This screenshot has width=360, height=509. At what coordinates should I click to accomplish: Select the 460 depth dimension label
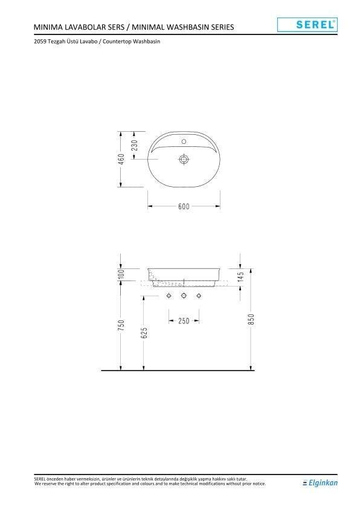pos(121,159)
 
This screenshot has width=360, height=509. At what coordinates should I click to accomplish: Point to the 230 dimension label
pos(135,145)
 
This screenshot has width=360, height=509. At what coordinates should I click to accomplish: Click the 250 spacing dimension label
pos(184,320)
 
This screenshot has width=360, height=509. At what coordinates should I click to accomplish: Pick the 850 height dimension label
pos(252,319)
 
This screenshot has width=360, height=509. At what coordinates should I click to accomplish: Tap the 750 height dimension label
pos(121,325)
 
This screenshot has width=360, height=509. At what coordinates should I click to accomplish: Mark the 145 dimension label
pos(240,278)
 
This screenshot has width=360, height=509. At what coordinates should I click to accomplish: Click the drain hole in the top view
pos(184,160)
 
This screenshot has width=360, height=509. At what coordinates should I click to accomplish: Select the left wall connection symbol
pos(170,296)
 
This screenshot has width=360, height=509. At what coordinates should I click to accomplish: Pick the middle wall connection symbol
pos(184,296)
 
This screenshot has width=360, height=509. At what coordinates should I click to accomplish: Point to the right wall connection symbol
pos(198,296)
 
